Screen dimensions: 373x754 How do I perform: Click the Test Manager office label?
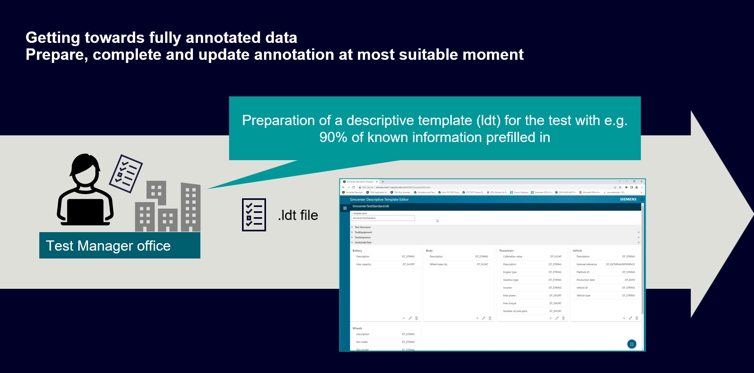pyautogui.click(x=108, y=246)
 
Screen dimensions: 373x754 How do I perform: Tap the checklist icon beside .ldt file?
pyautogui.click(x=254, y=215)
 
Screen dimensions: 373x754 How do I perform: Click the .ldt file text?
pyautogui.click(x=298, y=215)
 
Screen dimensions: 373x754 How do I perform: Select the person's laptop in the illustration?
pyautogui.click(x=85, y=211)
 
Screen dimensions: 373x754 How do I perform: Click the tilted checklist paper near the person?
pyautogui.click(x=126, y=174)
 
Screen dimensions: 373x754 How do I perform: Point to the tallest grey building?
pyautogui.click(x=191, y=207)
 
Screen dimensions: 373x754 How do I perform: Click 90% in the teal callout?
pyautogui.click(x=333, y=137)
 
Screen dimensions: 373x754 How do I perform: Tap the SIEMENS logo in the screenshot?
pyautogui.click(x=628, y=199)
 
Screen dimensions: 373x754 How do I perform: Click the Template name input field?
pyautogui.click(x=383, y=218)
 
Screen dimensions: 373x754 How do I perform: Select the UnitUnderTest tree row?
pyautogui.click(x=363, y=242)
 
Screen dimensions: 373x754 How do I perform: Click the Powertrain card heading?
pyautogui.click(x=506, y=251)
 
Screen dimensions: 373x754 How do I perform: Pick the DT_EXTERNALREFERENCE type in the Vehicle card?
pyautogui.click(x=620, y=264)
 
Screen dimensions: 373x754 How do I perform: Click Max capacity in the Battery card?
pyautogui.click(x=363, y=264)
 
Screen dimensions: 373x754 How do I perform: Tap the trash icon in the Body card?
pyautogui.click(x=490, y=318)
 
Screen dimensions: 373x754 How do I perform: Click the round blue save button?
pyautogui.click(x=631, y=344)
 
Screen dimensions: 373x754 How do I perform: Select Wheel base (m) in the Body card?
pyautogui.click(x=438, y=264)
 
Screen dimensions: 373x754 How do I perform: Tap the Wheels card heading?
pyautogui.click(x=357, y=328)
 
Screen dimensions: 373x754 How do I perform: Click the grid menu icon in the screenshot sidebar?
pyautogui.click(x=345, y=208)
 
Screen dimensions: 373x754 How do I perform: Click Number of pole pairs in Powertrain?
pyautogui.click(x=515, y=311)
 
